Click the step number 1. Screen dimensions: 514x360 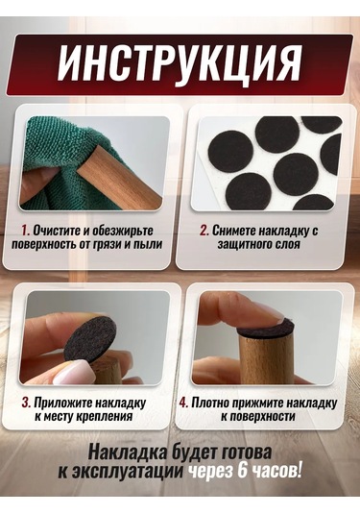point(25,231)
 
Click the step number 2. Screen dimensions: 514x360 point(204,231)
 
